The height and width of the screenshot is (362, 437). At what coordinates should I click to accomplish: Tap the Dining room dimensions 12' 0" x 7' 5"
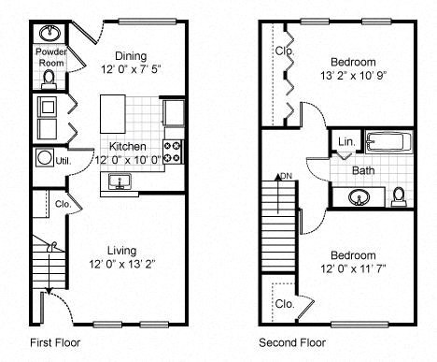coord(132,68)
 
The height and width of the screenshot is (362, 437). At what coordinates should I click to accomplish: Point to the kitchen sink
coord(118,181)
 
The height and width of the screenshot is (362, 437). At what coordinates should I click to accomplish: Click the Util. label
coord(63,161)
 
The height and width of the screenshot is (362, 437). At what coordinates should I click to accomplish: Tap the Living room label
coord(121,250)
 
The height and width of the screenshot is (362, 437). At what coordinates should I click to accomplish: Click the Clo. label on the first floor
coord(63,203)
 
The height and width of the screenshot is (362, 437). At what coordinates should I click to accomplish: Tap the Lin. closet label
coord(345,142)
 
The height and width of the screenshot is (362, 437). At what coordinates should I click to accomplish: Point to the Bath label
coord(363,171)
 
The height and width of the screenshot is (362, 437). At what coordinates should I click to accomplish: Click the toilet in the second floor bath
coord(399,195)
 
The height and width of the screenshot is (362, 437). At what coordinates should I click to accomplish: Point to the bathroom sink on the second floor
coord(359,197)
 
